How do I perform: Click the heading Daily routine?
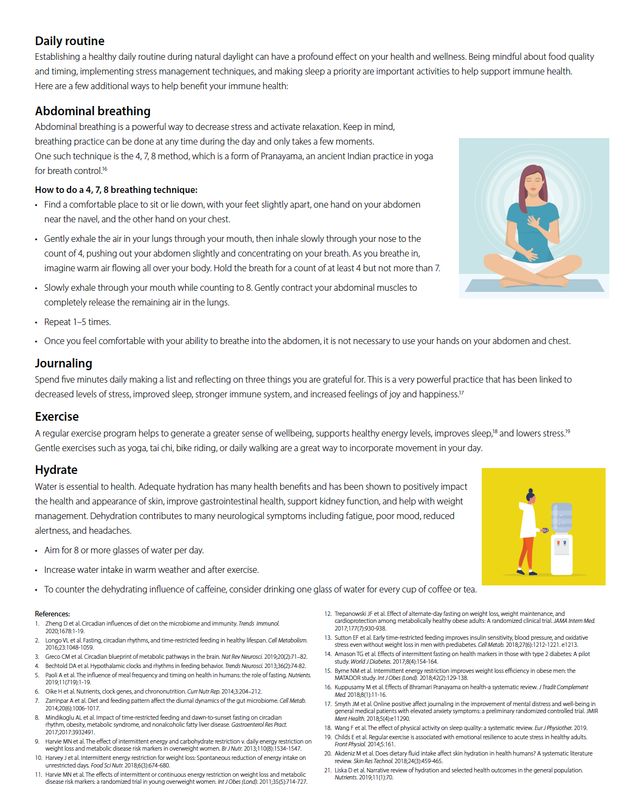[70, 41]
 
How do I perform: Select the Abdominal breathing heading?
[92, 111]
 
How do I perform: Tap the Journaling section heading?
[64, 364]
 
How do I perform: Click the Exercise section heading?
[56, 417]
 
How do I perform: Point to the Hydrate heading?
[56, 470]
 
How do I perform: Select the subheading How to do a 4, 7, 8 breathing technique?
[116, 190]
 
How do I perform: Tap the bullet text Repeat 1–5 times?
[77, 322]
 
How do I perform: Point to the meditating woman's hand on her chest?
[534, 222]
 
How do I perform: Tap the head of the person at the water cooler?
[530, 495]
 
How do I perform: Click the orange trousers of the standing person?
[526, 552]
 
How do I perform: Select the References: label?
[52, 614]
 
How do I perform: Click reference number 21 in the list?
[328, 770]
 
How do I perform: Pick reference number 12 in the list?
[328, 614]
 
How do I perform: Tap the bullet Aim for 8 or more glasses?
[124, 551]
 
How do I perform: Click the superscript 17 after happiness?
[461, 392]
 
